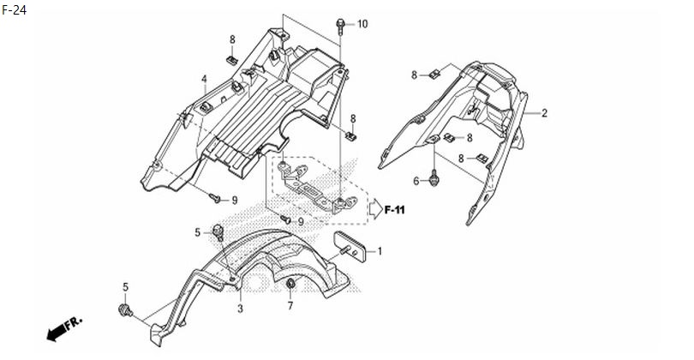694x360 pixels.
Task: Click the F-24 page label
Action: coord(15,9)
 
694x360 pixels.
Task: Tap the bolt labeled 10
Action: coord(340,26)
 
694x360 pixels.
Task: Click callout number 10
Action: coord(362,24)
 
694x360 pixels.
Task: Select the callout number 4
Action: coord(204,79)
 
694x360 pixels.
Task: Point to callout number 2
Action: coord(544,113)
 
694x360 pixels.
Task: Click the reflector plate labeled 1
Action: coord(350,247)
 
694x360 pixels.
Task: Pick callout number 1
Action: coord(380,251)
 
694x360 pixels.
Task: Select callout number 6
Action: coord(416,181)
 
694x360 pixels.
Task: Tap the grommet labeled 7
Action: coord(290,284)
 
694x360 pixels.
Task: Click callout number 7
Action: coord(290,305)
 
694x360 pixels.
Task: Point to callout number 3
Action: coord(240,309)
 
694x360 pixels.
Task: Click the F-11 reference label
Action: coord(394,210)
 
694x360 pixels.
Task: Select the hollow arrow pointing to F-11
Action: coord(376,209)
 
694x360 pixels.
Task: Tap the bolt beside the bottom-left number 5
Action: coord(125,310)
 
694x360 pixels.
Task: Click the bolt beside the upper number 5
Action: coord(218,232)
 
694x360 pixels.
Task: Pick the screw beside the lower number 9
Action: coord(286,219)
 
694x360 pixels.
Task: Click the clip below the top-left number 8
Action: coord(231,59)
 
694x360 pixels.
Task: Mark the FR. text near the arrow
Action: coord(74,323)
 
